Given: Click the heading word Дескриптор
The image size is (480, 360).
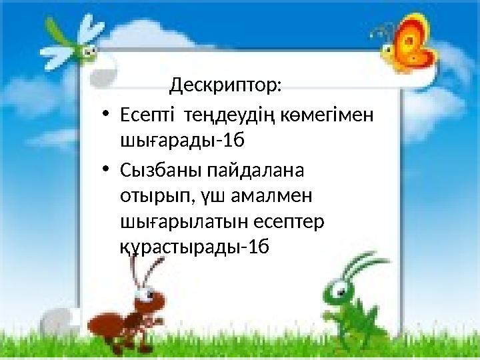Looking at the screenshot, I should coord(225,85).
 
